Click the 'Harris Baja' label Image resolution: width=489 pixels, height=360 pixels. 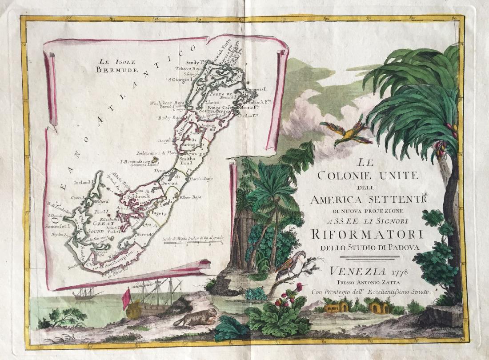click(x=201, y=179)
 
